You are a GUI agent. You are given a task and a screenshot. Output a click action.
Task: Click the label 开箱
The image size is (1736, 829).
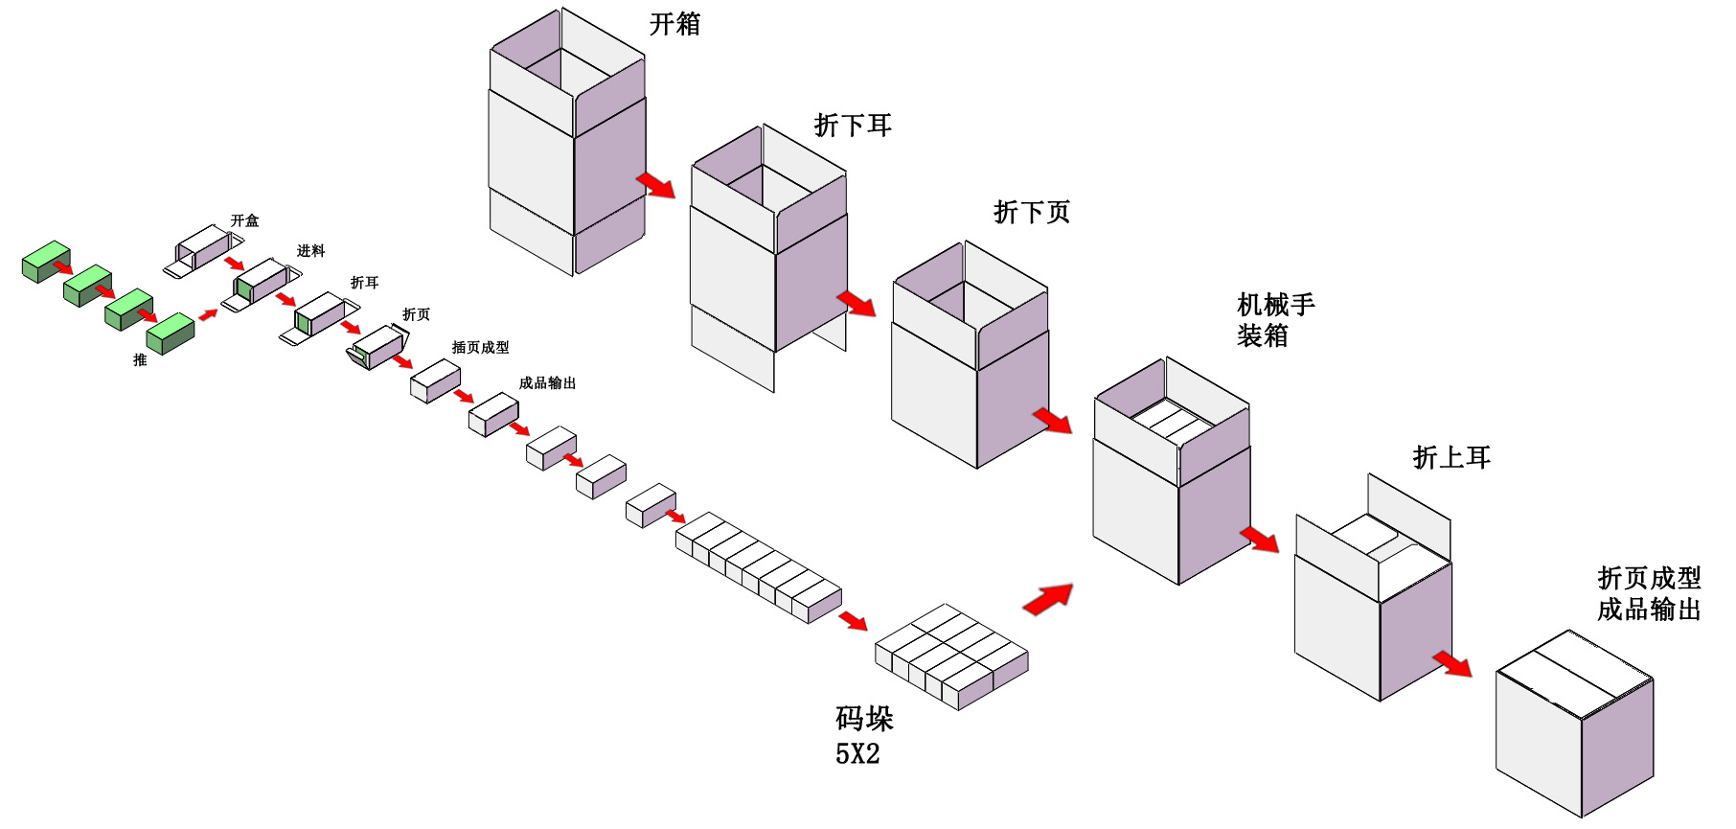pos(674,24)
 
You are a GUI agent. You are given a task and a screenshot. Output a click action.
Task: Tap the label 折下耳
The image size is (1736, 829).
pos(853,126)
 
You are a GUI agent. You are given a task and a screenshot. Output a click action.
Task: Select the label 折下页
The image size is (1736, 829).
pos(1031,212)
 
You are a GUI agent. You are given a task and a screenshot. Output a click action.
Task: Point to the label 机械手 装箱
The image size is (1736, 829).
pos(1275,320)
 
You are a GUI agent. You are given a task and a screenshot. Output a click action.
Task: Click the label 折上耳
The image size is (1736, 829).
pos(1451,458)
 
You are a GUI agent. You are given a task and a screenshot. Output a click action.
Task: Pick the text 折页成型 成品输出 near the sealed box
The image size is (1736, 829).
pos(1648,593)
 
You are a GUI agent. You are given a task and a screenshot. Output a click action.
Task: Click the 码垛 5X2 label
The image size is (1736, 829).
pos(863,735)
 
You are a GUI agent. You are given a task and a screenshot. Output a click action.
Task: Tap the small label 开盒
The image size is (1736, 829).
pos(244,220)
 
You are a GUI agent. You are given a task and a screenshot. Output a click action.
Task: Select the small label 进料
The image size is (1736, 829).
pos(310,251)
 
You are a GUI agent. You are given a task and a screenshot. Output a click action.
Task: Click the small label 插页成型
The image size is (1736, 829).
pos(480,347)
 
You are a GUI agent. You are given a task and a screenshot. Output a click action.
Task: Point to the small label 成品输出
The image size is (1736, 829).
pos(547,383)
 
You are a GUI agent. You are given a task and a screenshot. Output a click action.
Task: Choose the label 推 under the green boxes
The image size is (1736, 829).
pos(140,360)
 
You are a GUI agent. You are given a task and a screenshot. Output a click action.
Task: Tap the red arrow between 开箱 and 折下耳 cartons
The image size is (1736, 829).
pos(656,184)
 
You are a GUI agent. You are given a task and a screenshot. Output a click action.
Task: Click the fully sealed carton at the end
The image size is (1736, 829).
pos(1574,724)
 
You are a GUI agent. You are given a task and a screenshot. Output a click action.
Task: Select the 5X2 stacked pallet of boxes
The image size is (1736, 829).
pos(951,656)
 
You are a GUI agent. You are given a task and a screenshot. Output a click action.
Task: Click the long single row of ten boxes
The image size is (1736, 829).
pos(758,566)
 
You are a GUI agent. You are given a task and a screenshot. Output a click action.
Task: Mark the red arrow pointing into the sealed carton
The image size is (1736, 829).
pos(1452,663)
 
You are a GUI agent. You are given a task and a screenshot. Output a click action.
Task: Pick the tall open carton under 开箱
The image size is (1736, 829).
pos(567,144)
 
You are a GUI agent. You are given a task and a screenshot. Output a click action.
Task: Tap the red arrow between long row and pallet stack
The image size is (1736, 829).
pos(852,621)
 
